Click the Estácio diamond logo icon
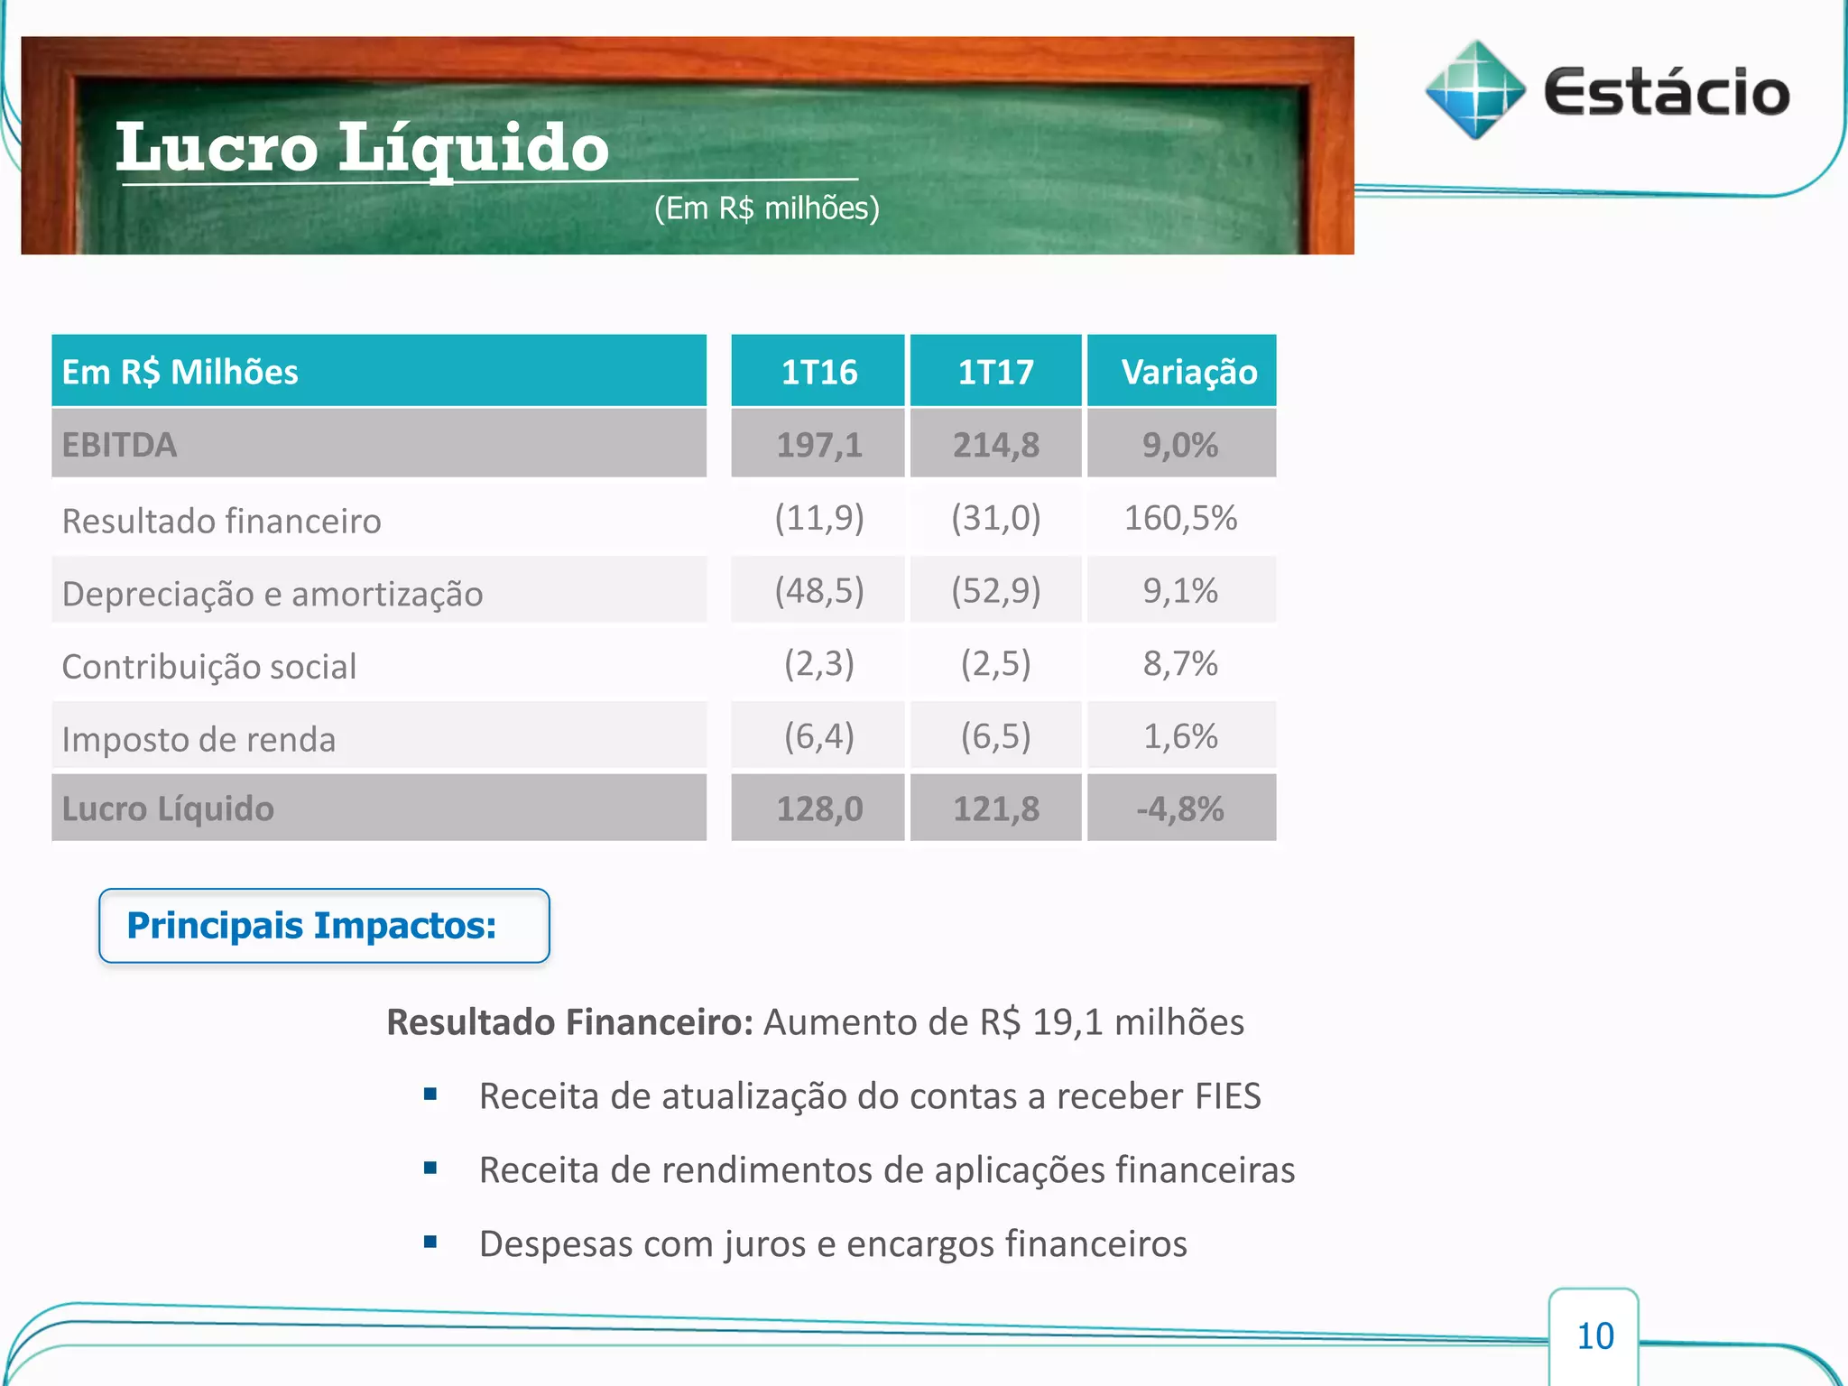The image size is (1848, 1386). tap(1474, 90)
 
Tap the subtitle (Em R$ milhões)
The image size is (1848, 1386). tap(766, 208)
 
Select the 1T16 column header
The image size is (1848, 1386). tap(818, 372)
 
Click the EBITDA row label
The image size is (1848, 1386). tap(120, 445)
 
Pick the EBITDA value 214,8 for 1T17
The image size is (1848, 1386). tap(995, 445)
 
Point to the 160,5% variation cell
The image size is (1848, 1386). tap(1180, 519)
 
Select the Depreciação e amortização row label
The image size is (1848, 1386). tap(273, 594)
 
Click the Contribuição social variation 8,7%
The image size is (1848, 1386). tap(1180, 664)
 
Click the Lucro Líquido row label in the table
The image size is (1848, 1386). tap(168, 808)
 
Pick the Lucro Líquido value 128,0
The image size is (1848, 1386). tap(818, 808)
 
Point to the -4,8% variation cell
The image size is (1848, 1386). tap(1180, 808)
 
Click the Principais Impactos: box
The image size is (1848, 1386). tap(324, 926)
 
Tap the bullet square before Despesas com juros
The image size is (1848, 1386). tap(430, 1242)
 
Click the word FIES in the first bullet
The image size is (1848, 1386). tap(1227, 1096)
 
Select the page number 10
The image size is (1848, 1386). tap(1594, 1336)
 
